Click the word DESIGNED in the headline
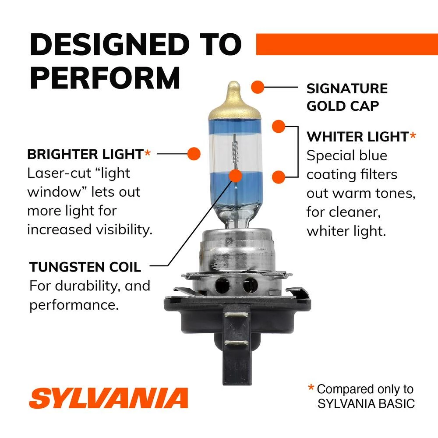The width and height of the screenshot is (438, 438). coord(109,44)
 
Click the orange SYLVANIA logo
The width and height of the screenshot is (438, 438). coord(108,398)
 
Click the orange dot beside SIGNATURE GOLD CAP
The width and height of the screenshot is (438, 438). coord(258,87)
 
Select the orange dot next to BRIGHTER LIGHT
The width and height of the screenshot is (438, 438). coord(194,154)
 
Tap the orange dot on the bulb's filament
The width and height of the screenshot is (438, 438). coord(236,176)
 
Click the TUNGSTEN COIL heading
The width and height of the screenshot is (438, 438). coord(85,267)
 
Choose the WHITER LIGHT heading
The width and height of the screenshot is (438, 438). coord(357,137)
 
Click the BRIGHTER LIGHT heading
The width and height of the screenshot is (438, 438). coord(85,154)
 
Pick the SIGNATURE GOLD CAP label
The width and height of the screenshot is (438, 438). coord(347,97)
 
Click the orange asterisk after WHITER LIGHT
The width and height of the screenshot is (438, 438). coord(413,136)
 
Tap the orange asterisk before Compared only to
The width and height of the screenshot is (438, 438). coord(311,388)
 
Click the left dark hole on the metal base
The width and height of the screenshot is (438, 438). coord(223,286)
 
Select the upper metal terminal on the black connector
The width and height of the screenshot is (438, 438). coord(236,315)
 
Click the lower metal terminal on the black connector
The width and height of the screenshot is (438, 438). coord(236,343)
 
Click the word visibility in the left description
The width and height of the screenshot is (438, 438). coord(124,230)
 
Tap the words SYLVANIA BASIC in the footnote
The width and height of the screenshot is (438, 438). coord(366,404)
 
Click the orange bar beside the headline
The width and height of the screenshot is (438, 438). coord(347,44)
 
